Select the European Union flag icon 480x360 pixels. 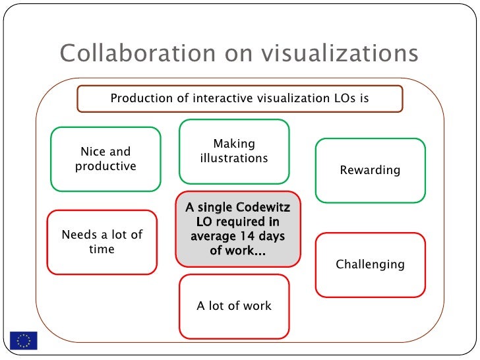click(24, 340)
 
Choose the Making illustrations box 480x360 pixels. click(234, 151)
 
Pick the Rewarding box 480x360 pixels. click(370, 170)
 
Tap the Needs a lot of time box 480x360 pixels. click(102, 242)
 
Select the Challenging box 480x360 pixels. click(370, 265)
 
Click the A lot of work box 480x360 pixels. click(234, 306)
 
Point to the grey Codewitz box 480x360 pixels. click(237, 229)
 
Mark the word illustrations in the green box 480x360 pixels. click(234, 158)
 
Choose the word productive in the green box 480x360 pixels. click(105, 166)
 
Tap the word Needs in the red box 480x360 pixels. click(78, 235)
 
